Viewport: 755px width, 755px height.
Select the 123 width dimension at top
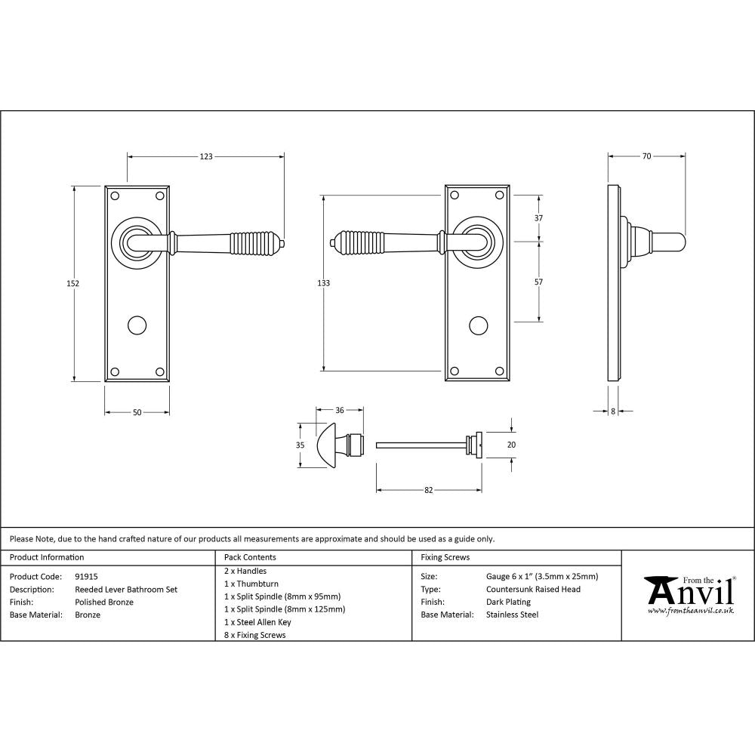coord(205,157)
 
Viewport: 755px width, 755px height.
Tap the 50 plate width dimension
coord(137,412)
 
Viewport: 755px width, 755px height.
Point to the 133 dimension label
coord(323,283)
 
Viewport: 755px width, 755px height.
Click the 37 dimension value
coord(538,218)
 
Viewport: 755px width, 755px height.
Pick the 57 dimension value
coord(538,282)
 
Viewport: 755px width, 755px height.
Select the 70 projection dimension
coord(646,156)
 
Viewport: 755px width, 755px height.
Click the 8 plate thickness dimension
coord(612,411)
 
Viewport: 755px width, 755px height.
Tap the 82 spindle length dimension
coord(428,490)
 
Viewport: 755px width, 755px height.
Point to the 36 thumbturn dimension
coord(339,410)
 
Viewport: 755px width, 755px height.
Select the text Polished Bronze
coord(104,602)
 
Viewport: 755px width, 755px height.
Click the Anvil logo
coord(688,592)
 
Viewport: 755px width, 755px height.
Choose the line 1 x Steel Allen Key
coord(257,622)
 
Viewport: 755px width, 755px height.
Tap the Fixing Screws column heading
coord(445,557)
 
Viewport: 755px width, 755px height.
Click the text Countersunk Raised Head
coord(533,589)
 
